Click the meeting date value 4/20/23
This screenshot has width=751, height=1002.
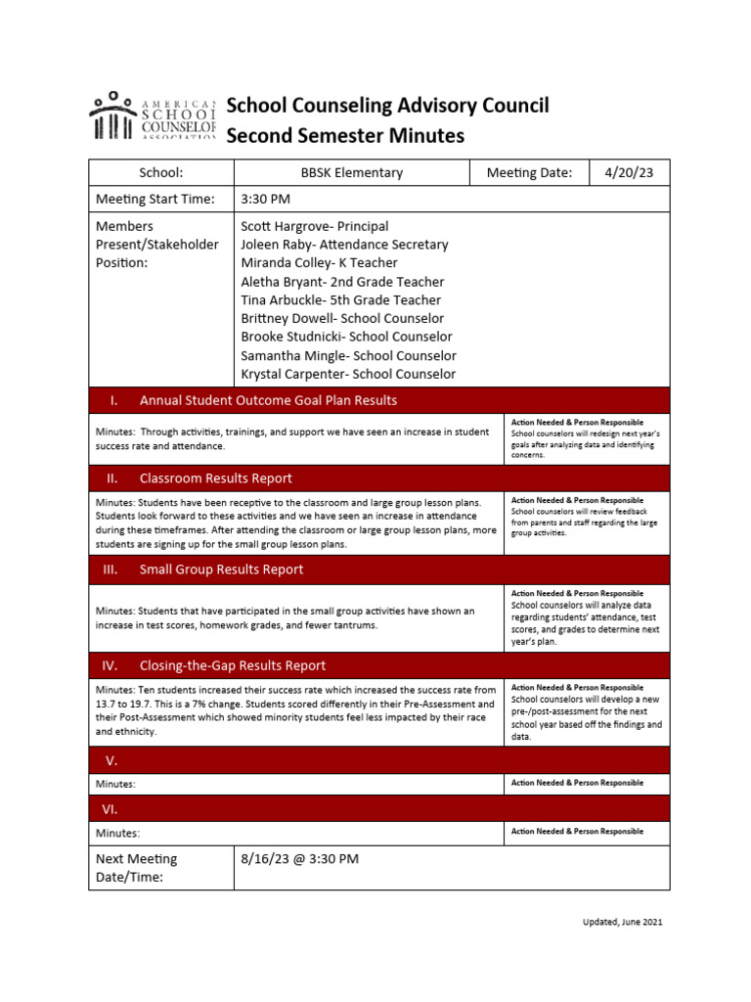tap(630, 172)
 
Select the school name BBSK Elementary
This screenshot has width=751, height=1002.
tap(351, 172)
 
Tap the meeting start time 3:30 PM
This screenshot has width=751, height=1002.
tap(266, 200)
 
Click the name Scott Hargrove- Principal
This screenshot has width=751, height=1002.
tap(314, 226)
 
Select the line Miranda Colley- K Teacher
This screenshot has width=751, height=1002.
tap(319, 263)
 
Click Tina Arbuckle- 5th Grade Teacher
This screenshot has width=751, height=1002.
tap(340, 300)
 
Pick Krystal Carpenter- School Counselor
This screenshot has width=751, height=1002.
tap(348, 374)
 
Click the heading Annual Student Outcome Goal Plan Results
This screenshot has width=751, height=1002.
tap(268, 400)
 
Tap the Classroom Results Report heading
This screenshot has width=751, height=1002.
tap(215, 478)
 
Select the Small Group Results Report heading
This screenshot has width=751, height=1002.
tap(221, 569)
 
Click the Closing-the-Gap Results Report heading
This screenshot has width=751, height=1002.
tap(233, 665)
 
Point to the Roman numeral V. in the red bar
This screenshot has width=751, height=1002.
tap(110, 760)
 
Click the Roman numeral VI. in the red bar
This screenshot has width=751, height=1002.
tap(110, 809)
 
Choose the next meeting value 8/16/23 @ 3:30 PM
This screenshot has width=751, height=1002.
tap(299, 859)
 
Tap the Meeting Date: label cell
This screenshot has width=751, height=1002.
tap(529, 172)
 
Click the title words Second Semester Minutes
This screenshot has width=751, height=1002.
tap(345, 136)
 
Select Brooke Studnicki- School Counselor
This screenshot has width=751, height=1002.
tap(346, 337)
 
